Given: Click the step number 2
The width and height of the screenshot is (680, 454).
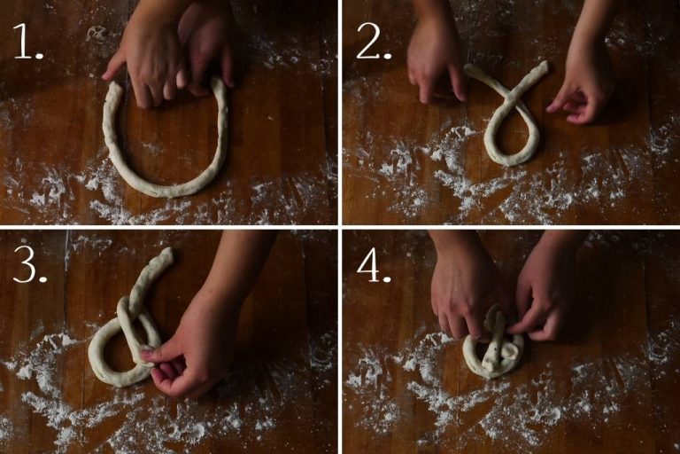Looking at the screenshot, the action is [x=374, y=42].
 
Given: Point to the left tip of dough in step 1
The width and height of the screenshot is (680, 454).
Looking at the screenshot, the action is [x=113, y=85].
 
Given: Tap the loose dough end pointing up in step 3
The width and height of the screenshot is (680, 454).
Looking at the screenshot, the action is [x=166, y=254].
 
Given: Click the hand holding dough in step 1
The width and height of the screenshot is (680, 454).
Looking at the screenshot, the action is [x=174, y=52].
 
